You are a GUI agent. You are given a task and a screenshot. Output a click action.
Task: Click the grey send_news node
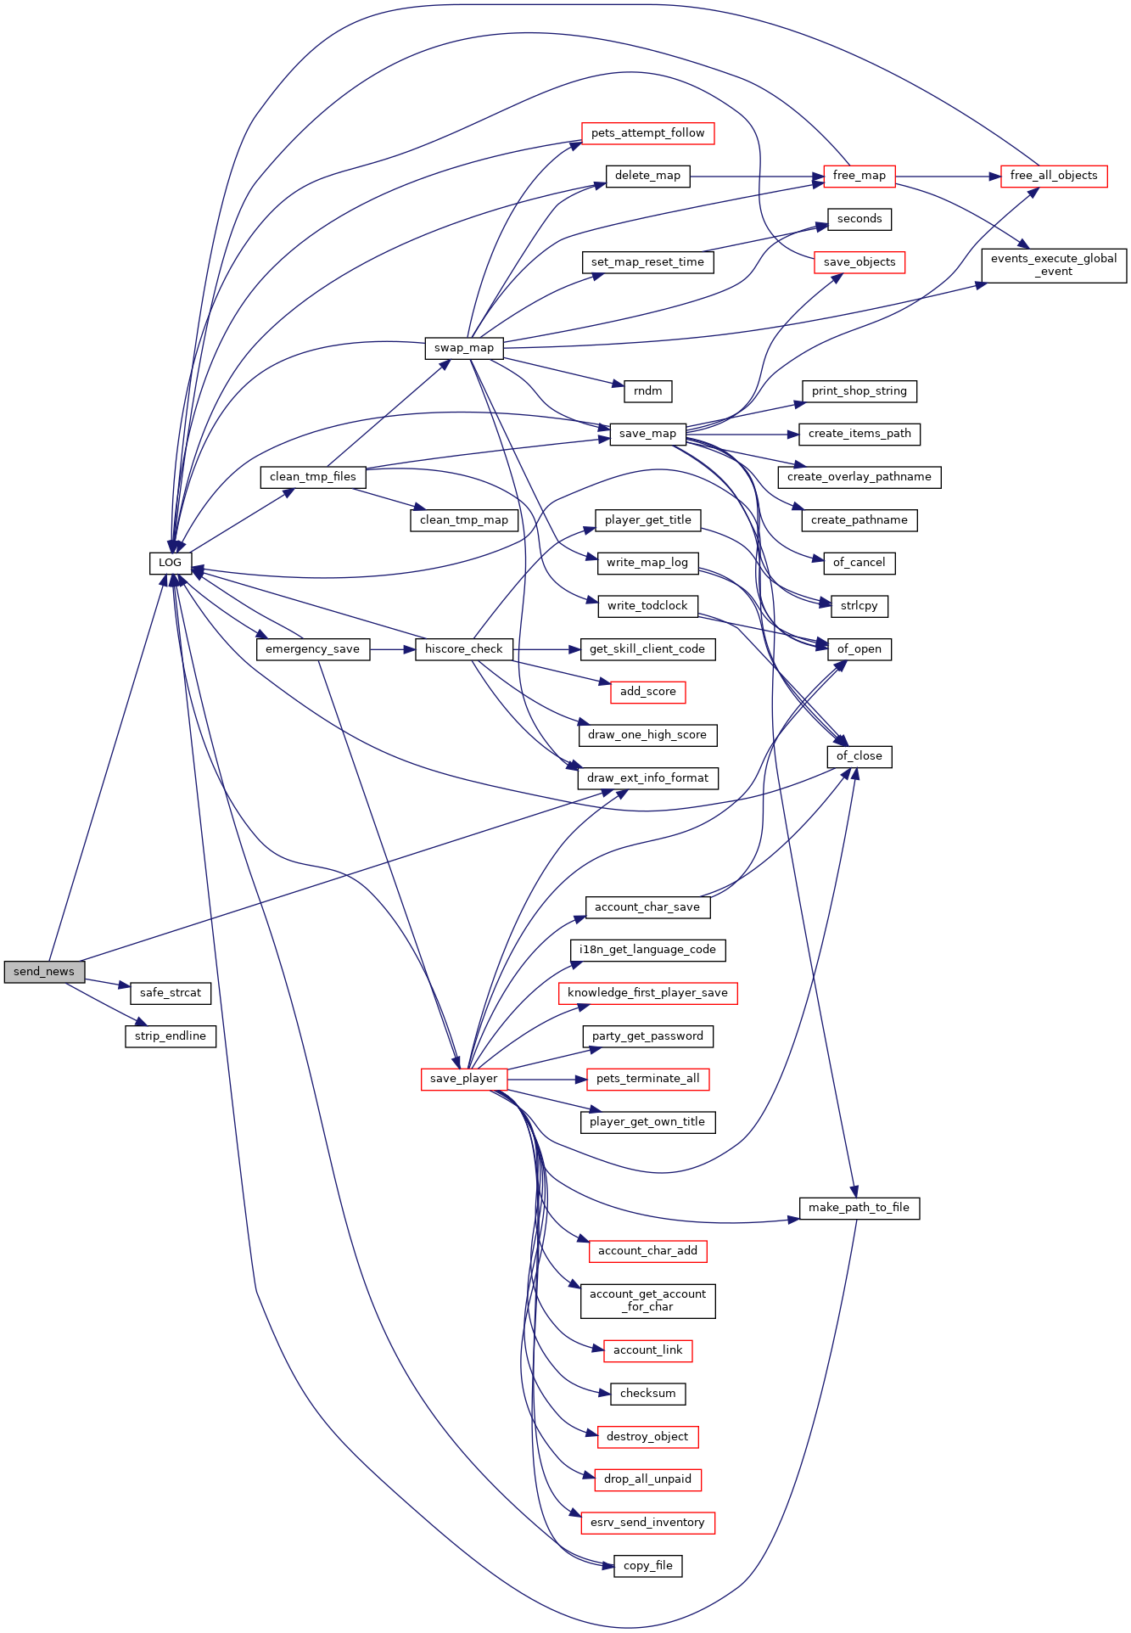[x=44, y=972]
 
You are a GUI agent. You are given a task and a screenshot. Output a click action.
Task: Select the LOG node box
[x=171, y=563]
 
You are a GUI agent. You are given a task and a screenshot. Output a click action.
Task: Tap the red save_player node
[x=464, y=1079]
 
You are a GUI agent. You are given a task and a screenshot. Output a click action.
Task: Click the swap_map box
[x=464, y=348]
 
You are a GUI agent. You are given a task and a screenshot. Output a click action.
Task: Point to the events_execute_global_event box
[x=1054, y=265]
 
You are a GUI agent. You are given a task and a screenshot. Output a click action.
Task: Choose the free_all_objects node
[x=1054, y=176]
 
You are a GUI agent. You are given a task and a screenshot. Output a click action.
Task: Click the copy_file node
[x=648, y=1566]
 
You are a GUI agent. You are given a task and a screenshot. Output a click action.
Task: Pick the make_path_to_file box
[x=859, y=1208]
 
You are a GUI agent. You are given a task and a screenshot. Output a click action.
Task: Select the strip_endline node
[x=171, y=1036]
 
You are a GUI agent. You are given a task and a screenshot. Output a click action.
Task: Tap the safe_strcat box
[x=171, y=993]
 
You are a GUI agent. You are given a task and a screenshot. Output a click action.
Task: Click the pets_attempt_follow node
[x=648, y=133]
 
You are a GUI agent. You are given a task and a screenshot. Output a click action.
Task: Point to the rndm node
[x=648, y=391]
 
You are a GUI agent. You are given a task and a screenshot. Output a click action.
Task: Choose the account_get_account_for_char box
[x=648, y=1300]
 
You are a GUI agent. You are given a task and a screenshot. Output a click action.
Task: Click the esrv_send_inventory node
[x=648, y=1523]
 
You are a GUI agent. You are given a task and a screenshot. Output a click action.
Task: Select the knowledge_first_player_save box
[x=648, y=993]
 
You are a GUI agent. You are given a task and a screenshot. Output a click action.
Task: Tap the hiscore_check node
[x=464, y=649]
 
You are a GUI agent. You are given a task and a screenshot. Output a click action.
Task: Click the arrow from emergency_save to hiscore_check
[x=393, y=649]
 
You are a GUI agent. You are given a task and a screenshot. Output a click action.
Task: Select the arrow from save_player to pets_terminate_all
[x=547, y=1079]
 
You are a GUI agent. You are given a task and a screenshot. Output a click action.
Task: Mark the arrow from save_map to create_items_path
[x=742, y=435]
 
